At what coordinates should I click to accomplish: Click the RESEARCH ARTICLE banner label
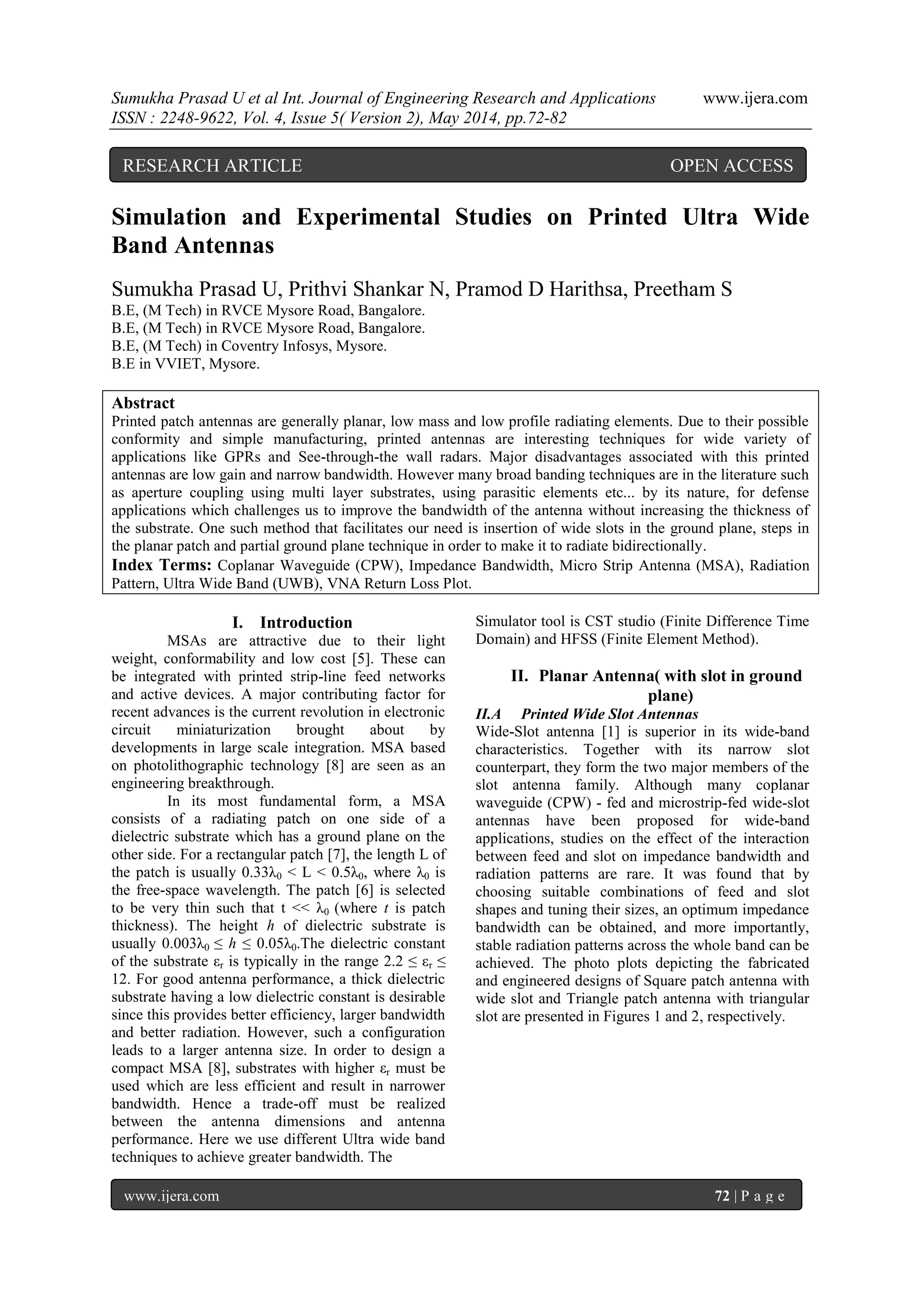(212, 166)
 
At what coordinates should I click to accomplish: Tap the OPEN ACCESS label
(731, 166)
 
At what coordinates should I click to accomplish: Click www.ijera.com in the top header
(755, 99)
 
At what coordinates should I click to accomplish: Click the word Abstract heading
(143, 403)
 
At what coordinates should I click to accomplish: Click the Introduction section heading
(306, 623)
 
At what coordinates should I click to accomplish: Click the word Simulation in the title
(169, 217)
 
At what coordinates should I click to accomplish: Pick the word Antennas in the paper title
(224, 246)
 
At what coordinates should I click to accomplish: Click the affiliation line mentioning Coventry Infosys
(249, 346)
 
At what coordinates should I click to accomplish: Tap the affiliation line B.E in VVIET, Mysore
(185, 364)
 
